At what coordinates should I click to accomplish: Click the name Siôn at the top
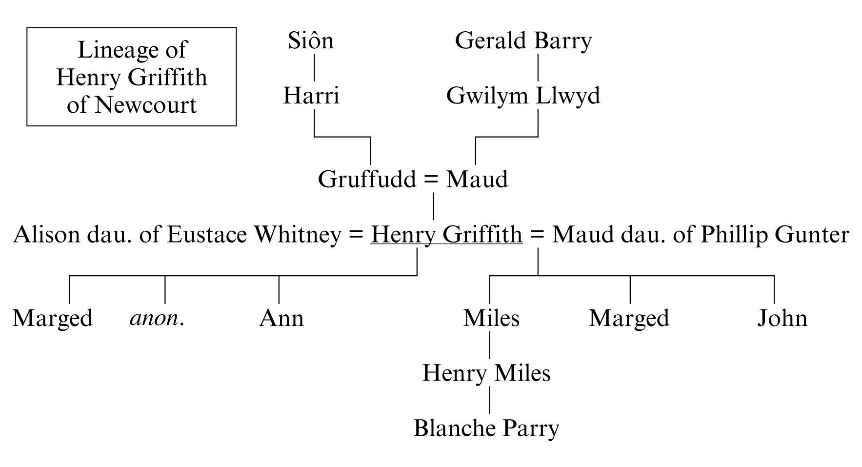point(311,41)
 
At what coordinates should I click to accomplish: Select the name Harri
point(311,96)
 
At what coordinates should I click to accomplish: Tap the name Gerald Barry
point(523,41)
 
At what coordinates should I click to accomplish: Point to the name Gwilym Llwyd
point(523,96)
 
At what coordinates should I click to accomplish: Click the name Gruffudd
point(367,180)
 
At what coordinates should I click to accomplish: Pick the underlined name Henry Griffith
point(446,235)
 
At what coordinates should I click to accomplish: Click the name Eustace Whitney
point(254,235)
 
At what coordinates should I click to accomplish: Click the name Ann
point(281,318)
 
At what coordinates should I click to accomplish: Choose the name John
point(782,318)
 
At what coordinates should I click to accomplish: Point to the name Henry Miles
point(486,373)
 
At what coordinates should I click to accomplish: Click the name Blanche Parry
point(486,428)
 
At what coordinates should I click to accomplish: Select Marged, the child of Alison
point(53,318)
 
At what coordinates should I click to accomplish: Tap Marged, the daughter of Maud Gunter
point(629,318)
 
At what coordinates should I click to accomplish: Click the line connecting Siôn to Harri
point(314,67)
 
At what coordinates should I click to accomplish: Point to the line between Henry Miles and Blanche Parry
point(490,401)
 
